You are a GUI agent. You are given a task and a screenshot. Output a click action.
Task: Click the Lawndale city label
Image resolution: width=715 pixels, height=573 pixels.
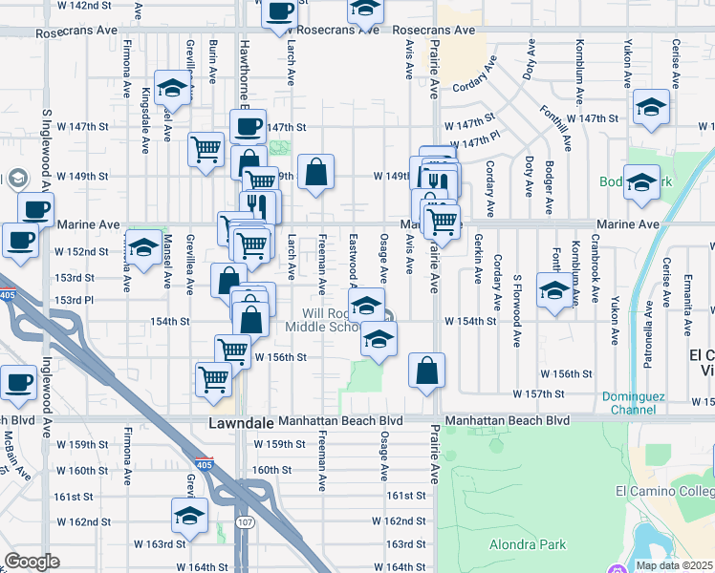point(242,421)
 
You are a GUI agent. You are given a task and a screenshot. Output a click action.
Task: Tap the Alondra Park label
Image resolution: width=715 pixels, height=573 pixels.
point(530,545)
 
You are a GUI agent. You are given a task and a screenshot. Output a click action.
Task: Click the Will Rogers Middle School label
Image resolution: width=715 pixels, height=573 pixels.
point(322,320)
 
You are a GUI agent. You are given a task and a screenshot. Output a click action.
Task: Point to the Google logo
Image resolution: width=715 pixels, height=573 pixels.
point(32,562)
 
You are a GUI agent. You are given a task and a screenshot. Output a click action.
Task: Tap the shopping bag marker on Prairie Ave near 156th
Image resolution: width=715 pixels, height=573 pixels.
point(426,371)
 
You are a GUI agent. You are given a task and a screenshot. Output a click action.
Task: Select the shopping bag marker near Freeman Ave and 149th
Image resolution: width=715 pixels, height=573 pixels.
point(315,172)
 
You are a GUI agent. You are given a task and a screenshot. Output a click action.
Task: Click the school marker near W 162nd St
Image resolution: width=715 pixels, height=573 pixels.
point(189,516)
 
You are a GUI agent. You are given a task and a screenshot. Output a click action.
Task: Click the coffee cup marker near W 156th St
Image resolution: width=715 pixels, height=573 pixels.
point(18,382)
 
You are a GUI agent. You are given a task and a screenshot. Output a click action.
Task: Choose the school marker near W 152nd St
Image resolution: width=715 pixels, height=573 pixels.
point(144,249)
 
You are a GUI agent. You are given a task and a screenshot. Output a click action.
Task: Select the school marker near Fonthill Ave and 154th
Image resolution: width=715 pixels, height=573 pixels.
point(554,290)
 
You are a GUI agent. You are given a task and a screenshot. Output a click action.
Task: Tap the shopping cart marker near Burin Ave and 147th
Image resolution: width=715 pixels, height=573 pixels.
point(206,149)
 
